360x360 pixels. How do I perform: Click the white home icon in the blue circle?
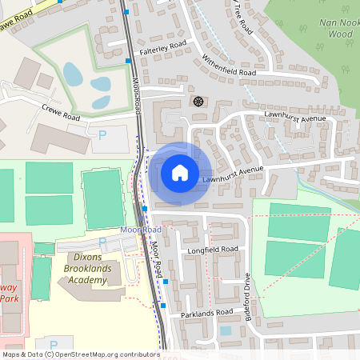pos(180,172)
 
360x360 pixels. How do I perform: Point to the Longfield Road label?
pos(213,250)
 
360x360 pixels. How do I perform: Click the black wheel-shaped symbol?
pos(198,102)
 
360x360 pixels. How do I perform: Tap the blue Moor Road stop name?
pos(141,230)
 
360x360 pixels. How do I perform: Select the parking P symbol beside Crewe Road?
pos(102,136)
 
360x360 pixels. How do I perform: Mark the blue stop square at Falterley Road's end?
pos(128,60)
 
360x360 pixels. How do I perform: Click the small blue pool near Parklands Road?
pos(226,330)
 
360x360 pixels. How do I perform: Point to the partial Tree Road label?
pos(243,18)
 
